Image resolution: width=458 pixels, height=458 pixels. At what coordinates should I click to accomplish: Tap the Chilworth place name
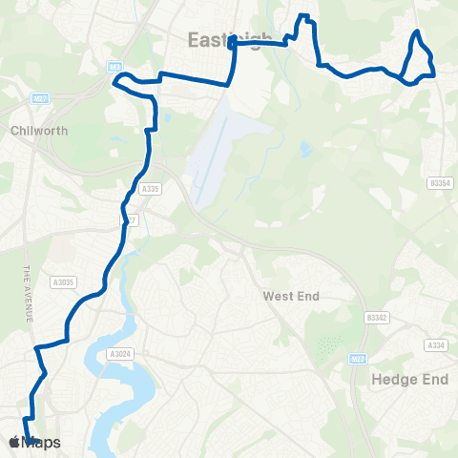pyautogui.click(x=39, y=131)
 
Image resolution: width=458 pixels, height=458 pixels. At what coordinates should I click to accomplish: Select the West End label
pyautogui.click(x=290, y=297)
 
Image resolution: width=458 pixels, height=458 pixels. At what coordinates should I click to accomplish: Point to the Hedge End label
pyautogui.click(x=408, y=379)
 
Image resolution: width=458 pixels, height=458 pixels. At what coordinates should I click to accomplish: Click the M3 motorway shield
pyautogui.click(x=115, y=66)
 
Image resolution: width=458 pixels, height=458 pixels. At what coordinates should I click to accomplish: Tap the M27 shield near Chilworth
pyautogui.click(x=39, y=98)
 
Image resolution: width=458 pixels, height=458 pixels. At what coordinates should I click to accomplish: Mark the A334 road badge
pyautogui.click(x=437, y=344)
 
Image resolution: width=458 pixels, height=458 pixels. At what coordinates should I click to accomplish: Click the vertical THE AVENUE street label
pyautogui.click(x=28, y=294)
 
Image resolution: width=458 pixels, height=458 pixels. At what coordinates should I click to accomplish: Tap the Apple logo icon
pyautogui.click(x=14, y=442)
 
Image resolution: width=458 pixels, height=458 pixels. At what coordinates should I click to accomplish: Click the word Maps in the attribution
pyautogui.click(x=41, y=443)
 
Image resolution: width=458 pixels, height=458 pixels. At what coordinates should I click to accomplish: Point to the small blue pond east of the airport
pyautogui.click(x=305, y=150)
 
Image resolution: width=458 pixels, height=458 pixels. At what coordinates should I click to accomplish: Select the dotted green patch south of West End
pyautogui.click(x=328, y=346)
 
